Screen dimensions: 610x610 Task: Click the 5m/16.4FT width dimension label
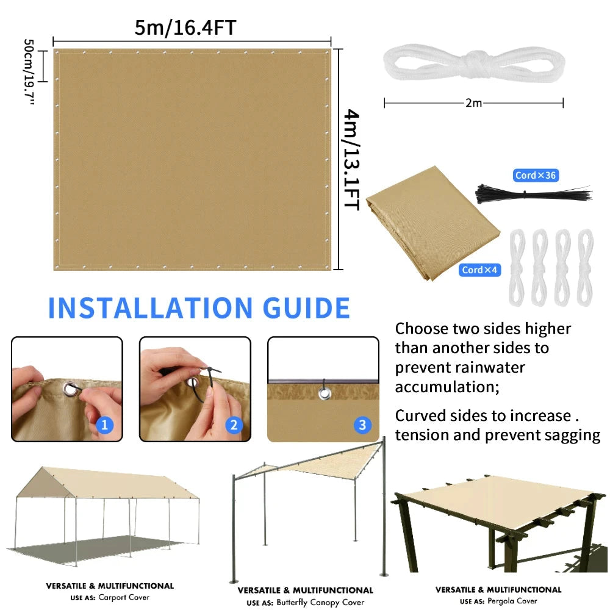click(x=185, y=27)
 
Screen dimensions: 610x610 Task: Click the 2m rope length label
click(x=473, y=103)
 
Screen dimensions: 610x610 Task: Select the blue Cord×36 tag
click(x=536, y=176)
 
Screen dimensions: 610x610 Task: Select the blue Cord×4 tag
click(x=480, y=270)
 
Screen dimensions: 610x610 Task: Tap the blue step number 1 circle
click(x=104, y=425)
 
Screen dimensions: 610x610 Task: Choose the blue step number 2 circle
click(x=234, y=425)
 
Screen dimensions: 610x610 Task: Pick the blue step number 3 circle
click(x=362, y=425)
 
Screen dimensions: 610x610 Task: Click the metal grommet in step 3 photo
click(x=323, y=393)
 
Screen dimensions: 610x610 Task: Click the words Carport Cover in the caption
click(x=124, y=598)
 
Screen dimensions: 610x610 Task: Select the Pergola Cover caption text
click(x=512, y=601)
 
